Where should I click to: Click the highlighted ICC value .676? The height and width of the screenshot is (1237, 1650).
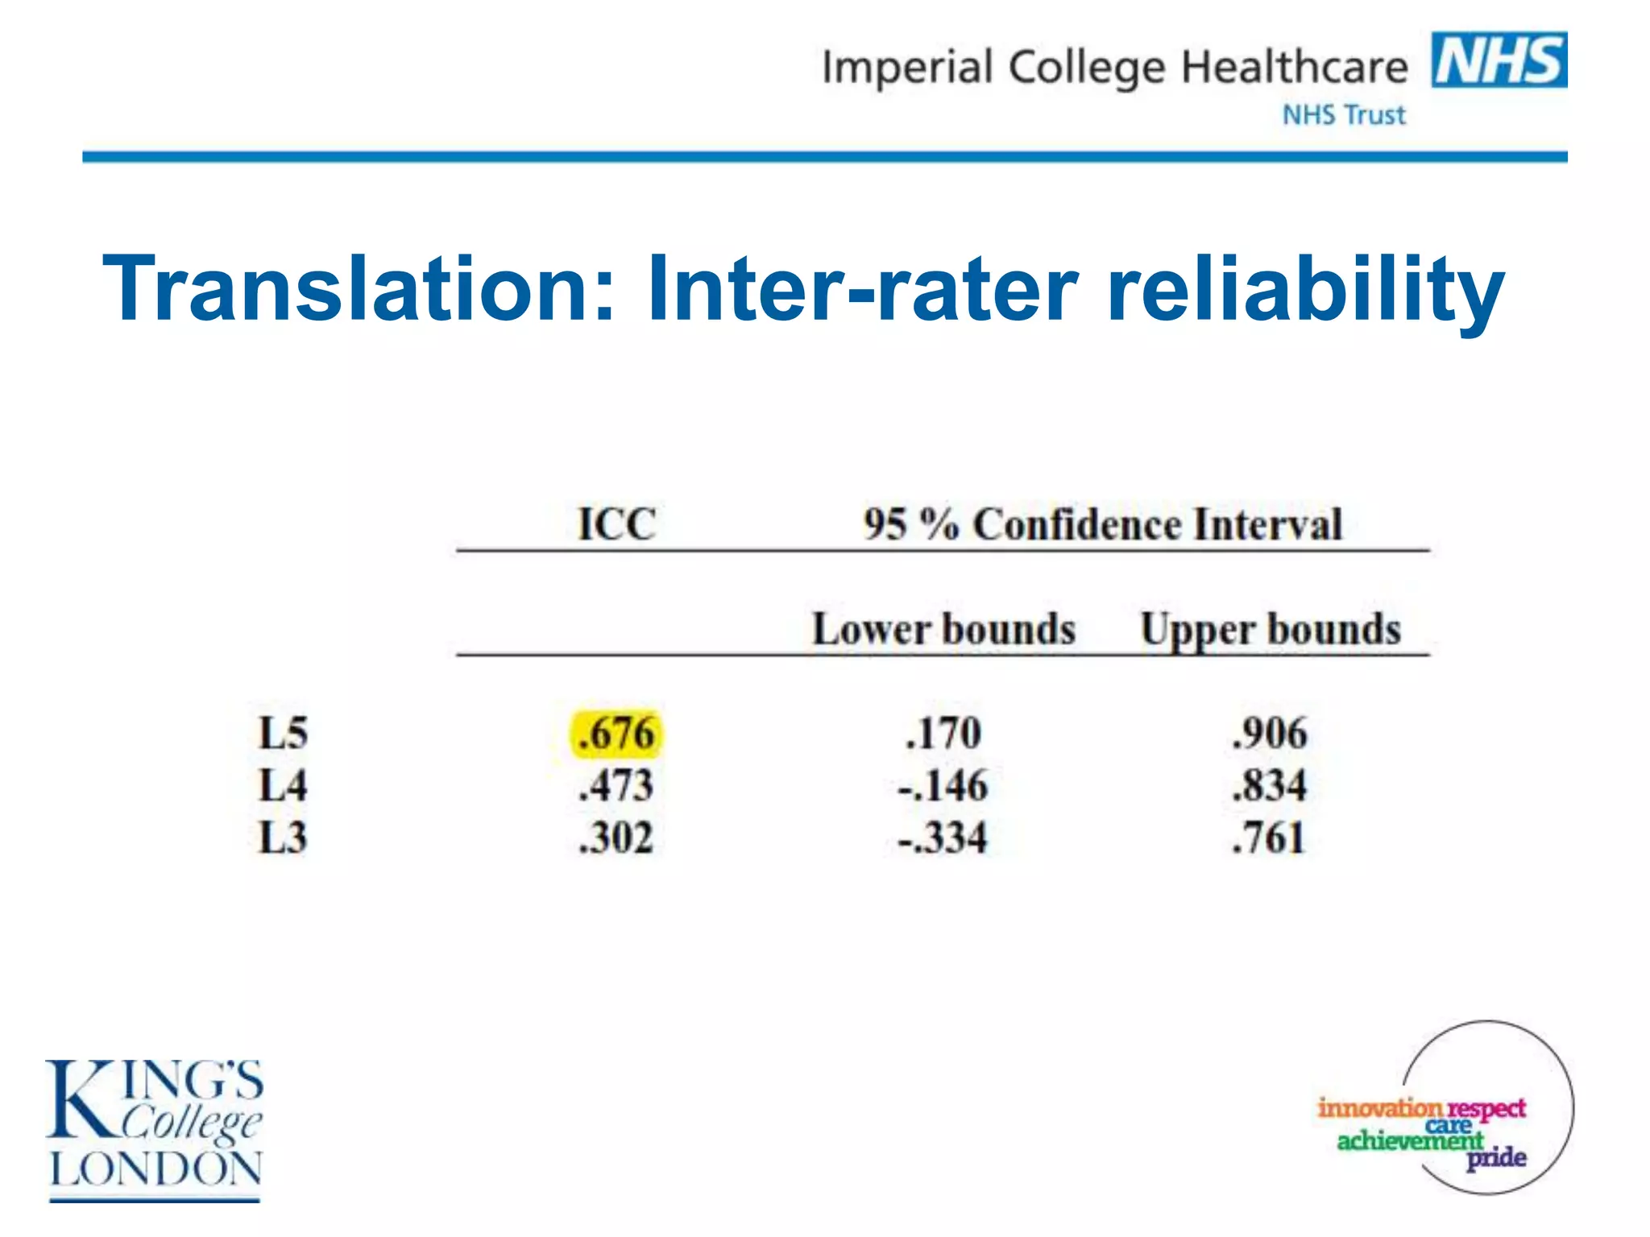click(x=616, y=734)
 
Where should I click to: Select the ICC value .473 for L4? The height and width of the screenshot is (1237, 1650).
click(x=616, y=785)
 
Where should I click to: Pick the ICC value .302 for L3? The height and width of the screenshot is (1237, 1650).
click(x=616, y=838)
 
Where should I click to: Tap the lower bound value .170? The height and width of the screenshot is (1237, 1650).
click(x=943, y=734)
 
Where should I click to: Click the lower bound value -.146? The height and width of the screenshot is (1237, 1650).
click(x=943, y=785)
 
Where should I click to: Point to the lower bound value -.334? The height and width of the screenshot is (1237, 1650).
click(x=943, y=838)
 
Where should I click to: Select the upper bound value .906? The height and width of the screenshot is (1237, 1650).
click(x=1270, y=734)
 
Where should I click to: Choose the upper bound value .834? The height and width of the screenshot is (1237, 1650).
click(x=1270, y=785)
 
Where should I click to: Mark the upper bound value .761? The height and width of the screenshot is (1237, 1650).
click(x=1268, y=838)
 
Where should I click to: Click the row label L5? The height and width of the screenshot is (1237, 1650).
click(x=283, y=734)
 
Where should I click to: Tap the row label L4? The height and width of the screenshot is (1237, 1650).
click(x=283, y=785)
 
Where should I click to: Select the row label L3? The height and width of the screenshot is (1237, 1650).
click(x=283, y=838)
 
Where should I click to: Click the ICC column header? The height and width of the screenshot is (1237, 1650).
click(x=617, y=524)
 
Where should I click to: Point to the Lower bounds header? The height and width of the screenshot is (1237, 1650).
click(x=943, y=629)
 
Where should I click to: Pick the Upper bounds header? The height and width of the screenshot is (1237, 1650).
click(x=1271, y=629)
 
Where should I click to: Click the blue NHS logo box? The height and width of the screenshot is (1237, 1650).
click(x=1499, y=60)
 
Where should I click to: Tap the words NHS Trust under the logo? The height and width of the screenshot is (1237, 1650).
click(x=1344, y=115)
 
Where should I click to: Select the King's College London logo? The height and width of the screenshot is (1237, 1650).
click(x=155, y=1127)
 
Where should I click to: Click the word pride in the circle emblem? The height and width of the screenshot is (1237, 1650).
click(x=1496, y=1158)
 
